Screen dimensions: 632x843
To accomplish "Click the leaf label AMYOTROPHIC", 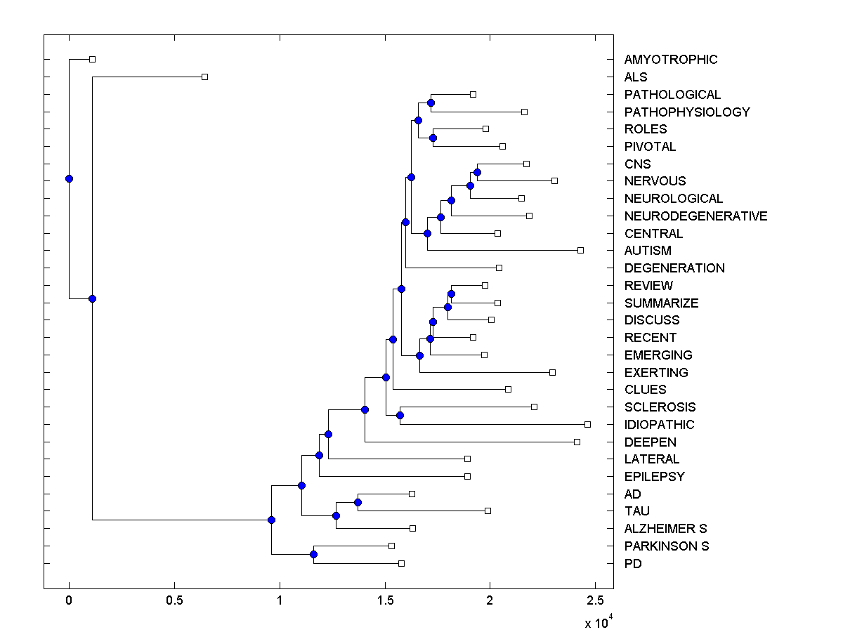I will pos(671,60).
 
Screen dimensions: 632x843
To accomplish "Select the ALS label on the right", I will pos(636,77).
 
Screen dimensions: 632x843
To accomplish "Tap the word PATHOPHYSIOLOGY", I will pos(687,112).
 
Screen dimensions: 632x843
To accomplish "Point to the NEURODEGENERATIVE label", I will pos(695,216).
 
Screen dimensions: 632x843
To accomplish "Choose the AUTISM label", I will pos(648,251).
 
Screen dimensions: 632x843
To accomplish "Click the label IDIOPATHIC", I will pos(659,425).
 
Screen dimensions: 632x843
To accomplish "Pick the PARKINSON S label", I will pos(667,546).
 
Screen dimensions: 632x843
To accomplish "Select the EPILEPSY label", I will pos(654,477).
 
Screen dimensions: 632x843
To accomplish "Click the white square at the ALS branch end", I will pos(204,77).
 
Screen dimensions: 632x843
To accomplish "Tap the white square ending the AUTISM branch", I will pos(580,250).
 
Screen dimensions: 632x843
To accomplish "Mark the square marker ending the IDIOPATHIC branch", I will pos(587,424).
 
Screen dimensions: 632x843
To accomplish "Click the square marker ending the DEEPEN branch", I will pos(577,442).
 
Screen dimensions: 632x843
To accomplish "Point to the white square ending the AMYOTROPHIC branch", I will pos(92,59).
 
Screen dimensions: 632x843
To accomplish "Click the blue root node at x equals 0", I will pos(69,178).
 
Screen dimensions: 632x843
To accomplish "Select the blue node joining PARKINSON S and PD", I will pos(313,554).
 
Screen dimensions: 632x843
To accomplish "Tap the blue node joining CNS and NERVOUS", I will pos(477,172).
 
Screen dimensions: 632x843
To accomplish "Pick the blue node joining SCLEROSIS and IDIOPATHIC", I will pos(400,415).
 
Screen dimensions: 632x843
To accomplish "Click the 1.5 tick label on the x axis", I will pos(384,600).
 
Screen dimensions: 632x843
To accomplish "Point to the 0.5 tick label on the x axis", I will pos(174,600).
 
